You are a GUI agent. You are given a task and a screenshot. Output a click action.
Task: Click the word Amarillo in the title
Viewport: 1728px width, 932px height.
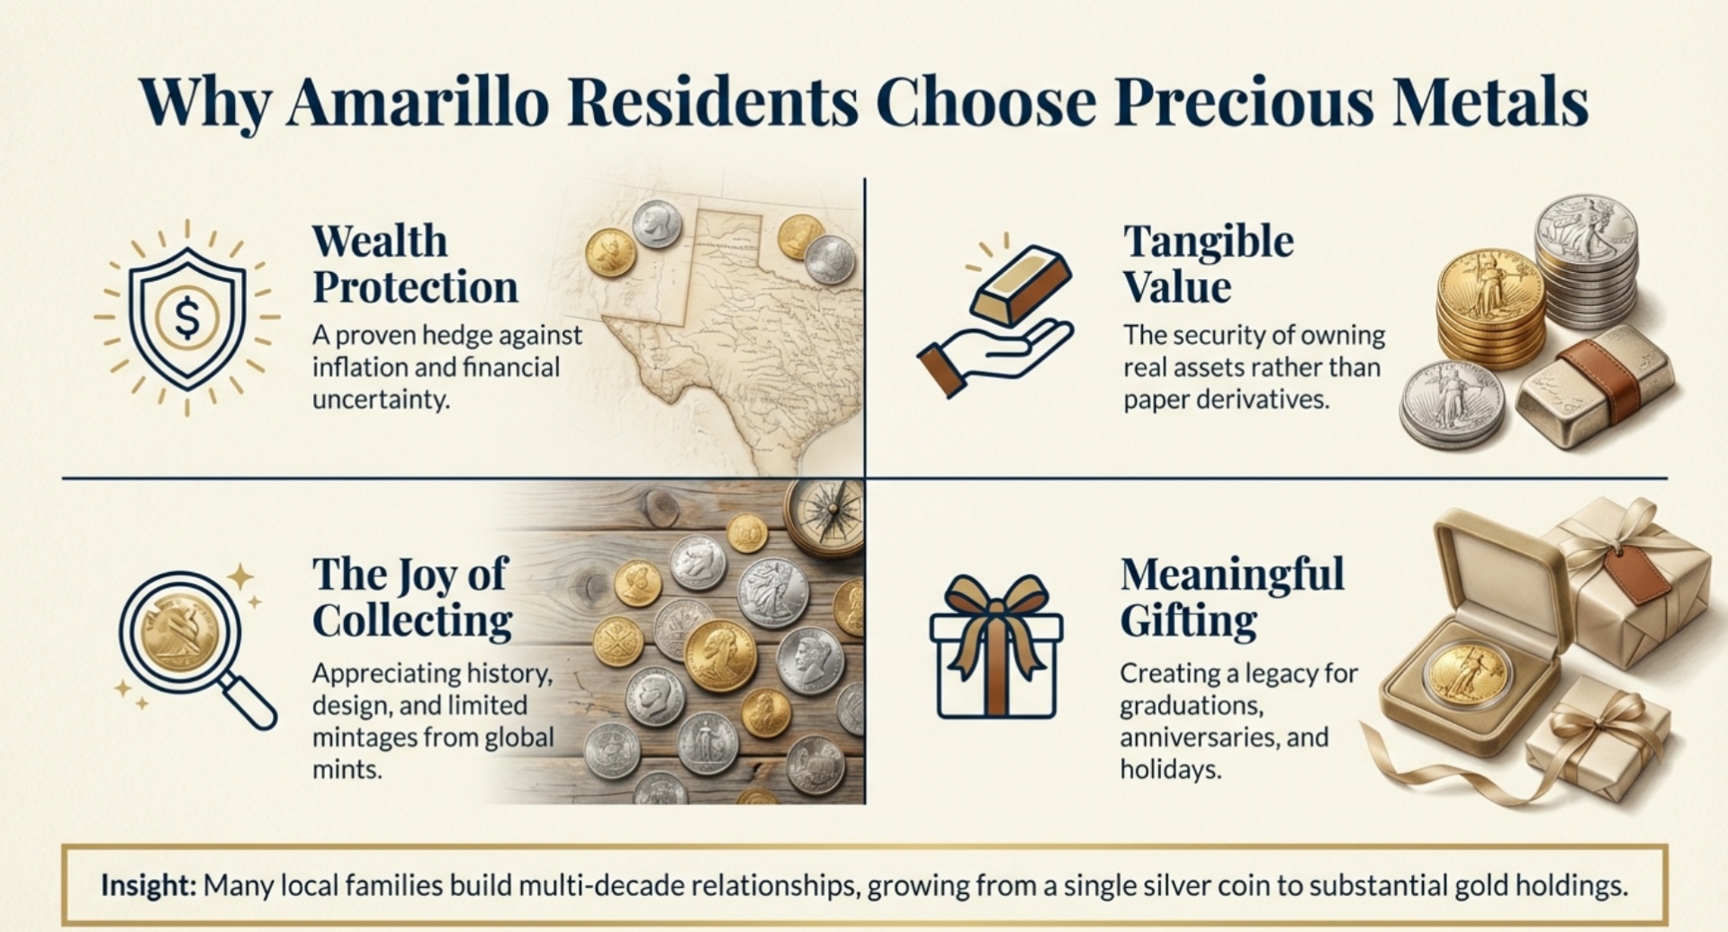[418, 102]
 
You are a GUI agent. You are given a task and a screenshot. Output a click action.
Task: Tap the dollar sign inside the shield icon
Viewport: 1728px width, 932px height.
[187, 317]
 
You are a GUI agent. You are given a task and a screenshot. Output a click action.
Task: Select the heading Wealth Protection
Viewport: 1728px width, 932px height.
[415, 264]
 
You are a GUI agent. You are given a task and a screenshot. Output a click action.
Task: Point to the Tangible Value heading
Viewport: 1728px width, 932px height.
[1208, 264]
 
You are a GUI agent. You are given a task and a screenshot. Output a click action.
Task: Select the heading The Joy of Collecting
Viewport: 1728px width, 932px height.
[411, 597]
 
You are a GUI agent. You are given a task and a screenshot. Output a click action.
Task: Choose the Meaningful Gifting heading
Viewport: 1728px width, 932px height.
[1231, 597]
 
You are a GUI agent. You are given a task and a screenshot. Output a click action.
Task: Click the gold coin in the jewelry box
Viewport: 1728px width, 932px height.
[1467, 673]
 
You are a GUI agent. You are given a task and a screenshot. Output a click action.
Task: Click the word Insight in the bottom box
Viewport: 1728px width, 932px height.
[148, 885]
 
